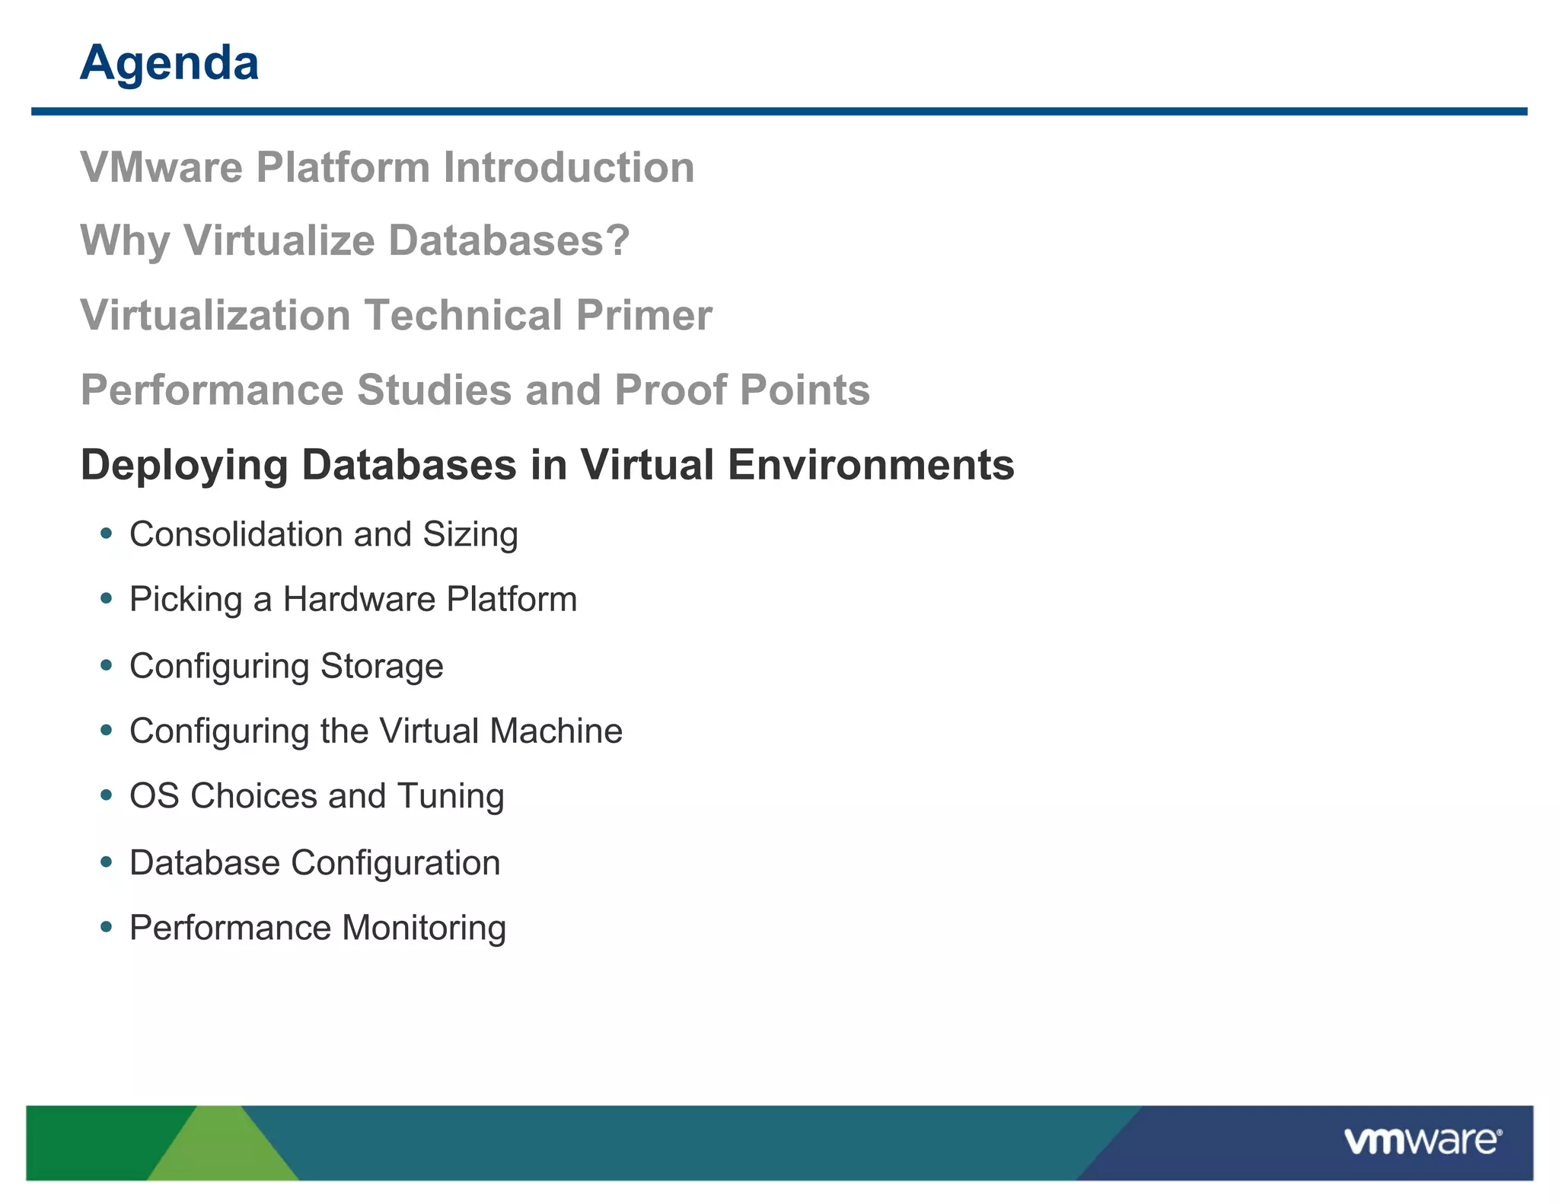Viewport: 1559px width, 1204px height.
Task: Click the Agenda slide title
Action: [169, 63]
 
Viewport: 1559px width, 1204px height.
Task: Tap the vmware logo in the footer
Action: [1423, 1142]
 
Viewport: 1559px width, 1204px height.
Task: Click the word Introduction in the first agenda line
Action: [569, 167]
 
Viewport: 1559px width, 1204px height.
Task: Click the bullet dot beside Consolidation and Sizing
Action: [107, 534]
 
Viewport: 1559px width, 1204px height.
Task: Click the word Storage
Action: [381, 666]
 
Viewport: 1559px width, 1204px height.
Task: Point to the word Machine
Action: [556, 731]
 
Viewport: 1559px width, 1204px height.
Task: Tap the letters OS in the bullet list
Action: [154, 796]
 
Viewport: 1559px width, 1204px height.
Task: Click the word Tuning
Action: [451, 796]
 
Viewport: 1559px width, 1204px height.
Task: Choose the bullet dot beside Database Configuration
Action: [107, 862]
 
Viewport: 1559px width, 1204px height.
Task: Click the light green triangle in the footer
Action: [223, 1149]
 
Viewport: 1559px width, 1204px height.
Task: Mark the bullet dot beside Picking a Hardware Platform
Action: [107, 599]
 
